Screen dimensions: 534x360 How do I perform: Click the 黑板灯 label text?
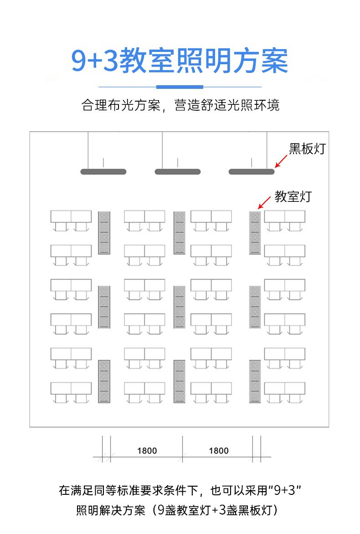pos(308,149)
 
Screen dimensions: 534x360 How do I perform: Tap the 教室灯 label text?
pos(293,197)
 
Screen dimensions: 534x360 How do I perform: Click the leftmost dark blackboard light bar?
pos(103,172)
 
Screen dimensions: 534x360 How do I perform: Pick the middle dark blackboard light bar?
pos(178,172)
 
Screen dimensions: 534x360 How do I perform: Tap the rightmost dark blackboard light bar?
pos(252,172)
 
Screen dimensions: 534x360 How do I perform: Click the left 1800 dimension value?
pos(147,451)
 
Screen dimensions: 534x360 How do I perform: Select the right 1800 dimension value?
pos(219,451)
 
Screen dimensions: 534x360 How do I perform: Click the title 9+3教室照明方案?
pos(180,62)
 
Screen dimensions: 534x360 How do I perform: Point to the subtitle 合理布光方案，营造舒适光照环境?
pos(180,105)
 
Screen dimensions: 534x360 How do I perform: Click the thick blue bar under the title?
pos(180,87)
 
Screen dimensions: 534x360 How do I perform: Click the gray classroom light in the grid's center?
pos(180,307)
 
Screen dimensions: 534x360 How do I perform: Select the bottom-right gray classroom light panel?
pos(255,381)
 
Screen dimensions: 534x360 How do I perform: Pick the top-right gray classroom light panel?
pos(255,232)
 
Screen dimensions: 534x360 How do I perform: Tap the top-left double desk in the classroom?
pos(71,216)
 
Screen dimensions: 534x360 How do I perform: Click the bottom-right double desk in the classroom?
pos(285,388)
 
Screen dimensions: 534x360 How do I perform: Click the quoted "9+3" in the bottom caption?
pos(285,491)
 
